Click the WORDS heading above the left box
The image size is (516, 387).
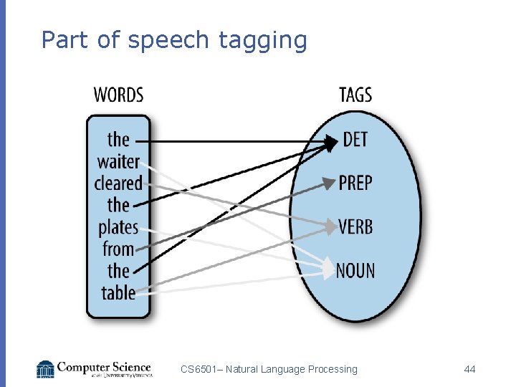coord(118,95)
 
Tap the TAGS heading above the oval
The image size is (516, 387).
coord(355,95)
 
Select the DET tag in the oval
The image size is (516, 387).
coord(355,139)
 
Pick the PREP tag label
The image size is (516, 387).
coord(355,183)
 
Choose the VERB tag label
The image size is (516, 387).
coord(355,227)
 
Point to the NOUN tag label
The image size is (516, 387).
coord(355,271)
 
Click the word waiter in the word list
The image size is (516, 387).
coord(118,161)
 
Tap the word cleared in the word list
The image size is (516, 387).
coord(118,183)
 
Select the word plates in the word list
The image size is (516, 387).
coord(118,227)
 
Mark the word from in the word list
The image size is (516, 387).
coord(118,249)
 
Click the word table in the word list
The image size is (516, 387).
coord(118,292)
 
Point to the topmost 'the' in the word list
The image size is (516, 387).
coord(118,139)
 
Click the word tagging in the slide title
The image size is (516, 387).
coord(263,41)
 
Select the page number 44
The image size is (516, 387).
coord(470,369)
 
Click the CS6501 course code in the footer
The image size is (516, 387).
coord(200,369)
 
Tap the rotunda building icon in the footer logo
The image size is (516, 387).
coord(46,368)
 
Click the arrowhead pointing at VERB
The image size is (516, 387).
coord(330,227)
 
